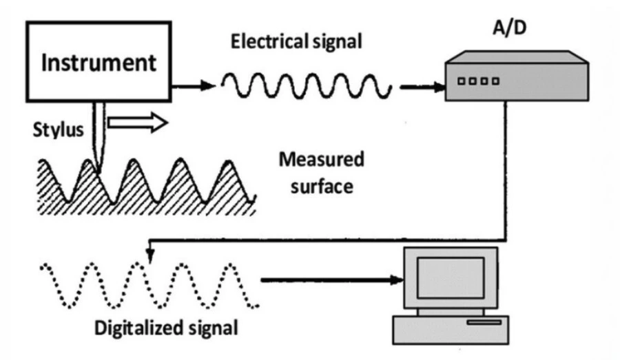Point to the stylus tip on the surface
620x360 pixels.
pos(99,168)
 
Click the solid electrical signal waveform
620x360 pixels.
pos(307,86)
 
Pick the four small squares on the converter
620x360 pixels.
pos(476,81)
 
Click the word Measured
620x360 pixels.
pos(320,162)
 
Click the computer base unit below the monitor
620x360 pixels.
pos(444,329)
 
